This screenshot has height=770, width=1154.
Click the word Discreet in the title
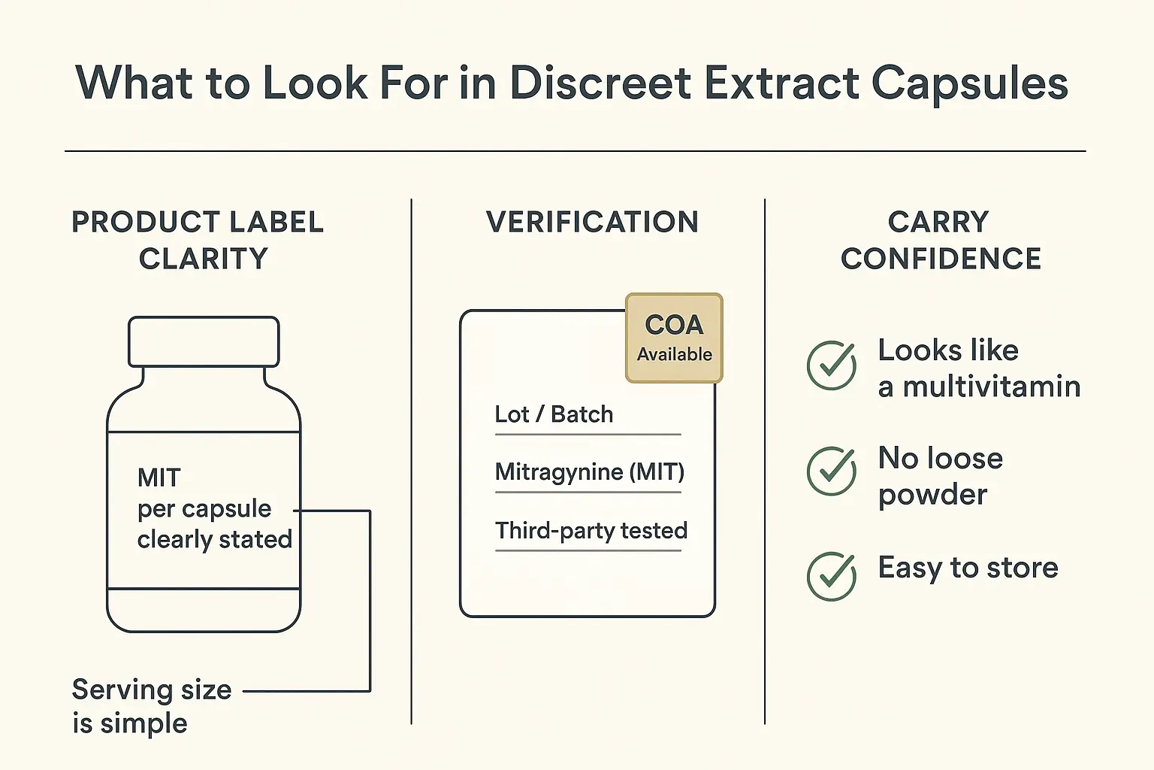[x=600, y=83]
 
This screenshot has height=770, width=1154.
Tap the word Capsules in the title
[x=970, y=84]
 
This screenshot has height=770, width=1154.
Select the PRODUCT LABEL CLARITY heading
[x=198, y=240]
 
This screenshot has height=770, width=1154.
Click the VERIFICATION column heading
[x=592, y=222]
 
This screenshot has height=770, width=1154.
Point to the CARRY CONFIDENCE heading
[x=940, y=240]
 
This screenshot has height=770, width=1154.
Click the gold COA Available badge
[x=674, y=338]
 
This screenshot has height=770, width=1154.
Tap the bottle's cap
[x=204, y=341]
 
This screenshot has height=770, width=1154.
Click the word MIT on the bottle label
[x=159, y=477]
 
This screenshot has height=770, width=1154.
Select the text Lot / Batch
[x=554, y=414]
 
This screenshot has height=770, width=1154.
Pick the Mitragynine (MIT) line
[x=589, y=472]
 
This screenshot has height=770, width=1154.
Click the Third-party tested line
[x=591, y=531]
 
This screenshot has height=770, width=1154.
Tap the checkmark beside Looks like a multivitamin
[x=831, y=365]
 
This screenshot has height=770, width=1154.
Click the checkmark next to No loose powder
[x=831, y=471]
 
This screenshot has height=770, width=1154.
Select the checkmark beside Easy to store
[x=831, y=576]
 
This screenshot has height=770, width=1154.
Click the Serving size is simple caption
[x=150, y=706]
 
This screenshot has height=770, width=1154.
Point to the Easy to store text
[x=968, y=568]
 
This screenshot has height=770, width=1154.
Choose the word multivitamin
[x=991, y=387]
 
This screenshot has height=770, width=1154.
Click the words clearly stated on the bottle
[x=214, y=540]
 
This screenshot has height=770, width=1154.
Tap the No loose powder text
[x=939, y=476]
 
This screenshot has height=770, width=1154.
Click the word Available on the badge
[x=674, y=354]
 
